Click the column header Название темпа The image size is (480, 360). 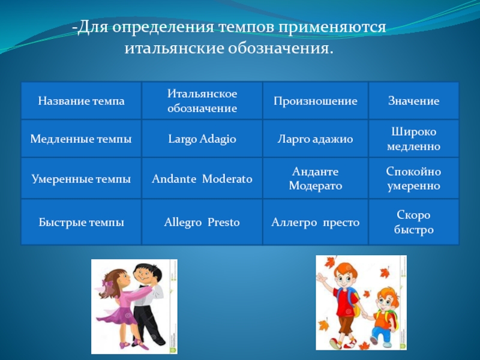(81, 101)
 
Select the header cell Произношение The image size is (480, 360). (316, 101)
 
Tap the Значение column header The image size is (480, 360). (413, 101)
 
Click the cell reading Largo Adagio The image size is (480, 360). (202, 139)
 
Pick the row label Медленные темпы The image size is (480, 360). (81, 139)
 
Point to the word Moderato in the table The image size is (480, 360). (227, 179)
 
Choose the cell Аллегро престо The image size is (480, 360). (316, 222)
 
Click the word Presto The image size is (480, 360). (223, 222)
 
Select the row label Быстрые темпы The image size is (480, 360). (81, 222)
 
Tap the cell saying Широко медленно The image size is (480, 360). (413, 139)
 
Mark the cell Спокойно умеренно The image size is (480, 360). (413, 179)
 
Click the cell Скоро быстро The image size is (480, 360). (413, 222)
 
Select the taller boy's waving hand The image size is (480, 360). (322, 279)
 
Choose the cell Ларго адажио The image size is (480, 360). (316, 139)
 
